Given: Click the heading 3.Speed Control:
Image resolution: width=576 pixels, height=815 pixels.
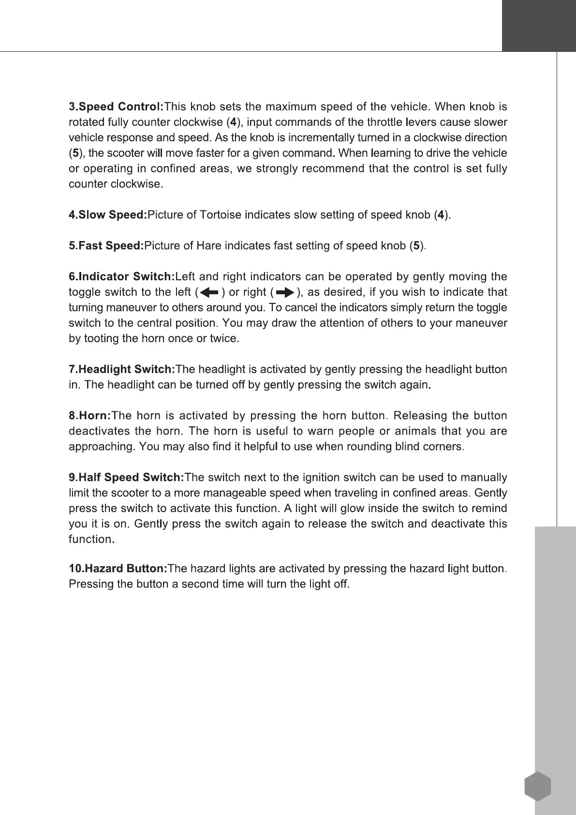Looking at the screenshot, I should tap(117, 106).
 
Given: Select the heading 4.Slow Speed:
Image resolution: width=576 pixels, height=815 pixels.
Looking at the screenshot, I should tap(108, 215).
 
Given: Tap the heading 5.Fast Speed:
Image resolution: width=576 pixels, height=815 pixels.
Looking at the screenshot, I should tap(106, 246).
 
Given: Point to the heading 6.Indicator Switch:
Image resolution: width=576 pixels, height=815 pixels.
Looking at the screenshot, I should tap(122, 277).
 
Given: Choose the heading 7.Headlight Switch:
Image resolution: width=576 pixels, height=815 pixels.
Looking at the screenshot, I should tap(122, 370).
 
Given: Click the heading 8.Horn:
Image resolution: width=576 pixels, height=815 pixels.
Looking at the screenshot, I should tap(90, 416).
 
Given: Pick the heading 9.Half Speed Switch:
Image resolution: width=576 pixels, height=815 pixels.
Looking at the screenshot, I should tap(126, 478).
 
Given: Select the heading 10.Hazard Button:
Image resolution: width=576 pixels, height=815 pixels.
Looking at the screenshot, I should tap(118, 569).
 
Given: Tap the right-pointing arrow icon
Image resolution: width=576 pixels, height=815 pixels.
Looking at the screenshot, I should tap(284, 292).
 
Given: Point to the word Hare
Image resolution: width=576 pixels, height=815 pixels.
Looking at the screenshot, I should tap(207, 246).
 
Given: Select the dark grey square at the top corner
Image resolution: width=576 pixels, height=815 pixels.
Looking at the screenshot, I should tap(539, 25).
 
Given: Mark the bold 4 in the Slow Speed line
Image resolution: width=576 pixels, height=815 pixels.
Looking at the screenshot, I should tap(440, 215).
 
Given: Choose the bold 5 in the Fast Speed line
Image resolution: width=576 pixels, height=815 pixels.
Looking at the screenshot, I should tap(416, 246).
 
